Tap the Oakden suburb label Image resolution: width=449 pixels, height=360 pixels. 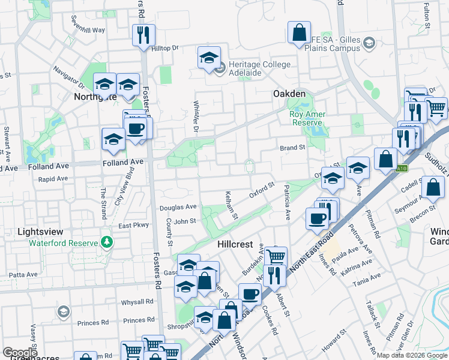289,94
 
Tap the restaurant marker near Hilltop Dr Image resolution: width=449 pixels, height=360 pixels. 143,35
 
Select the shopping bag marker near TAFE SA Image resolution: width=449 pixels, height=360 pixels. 298,32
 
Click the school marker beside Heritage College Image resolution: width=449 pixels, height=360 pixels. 209,58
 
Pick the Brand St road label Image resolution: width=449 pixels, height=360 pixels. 293,147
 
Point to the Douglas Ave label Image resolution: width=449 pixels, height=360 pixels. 178,208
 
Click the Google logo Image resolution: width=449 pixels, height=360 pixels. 20,353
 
